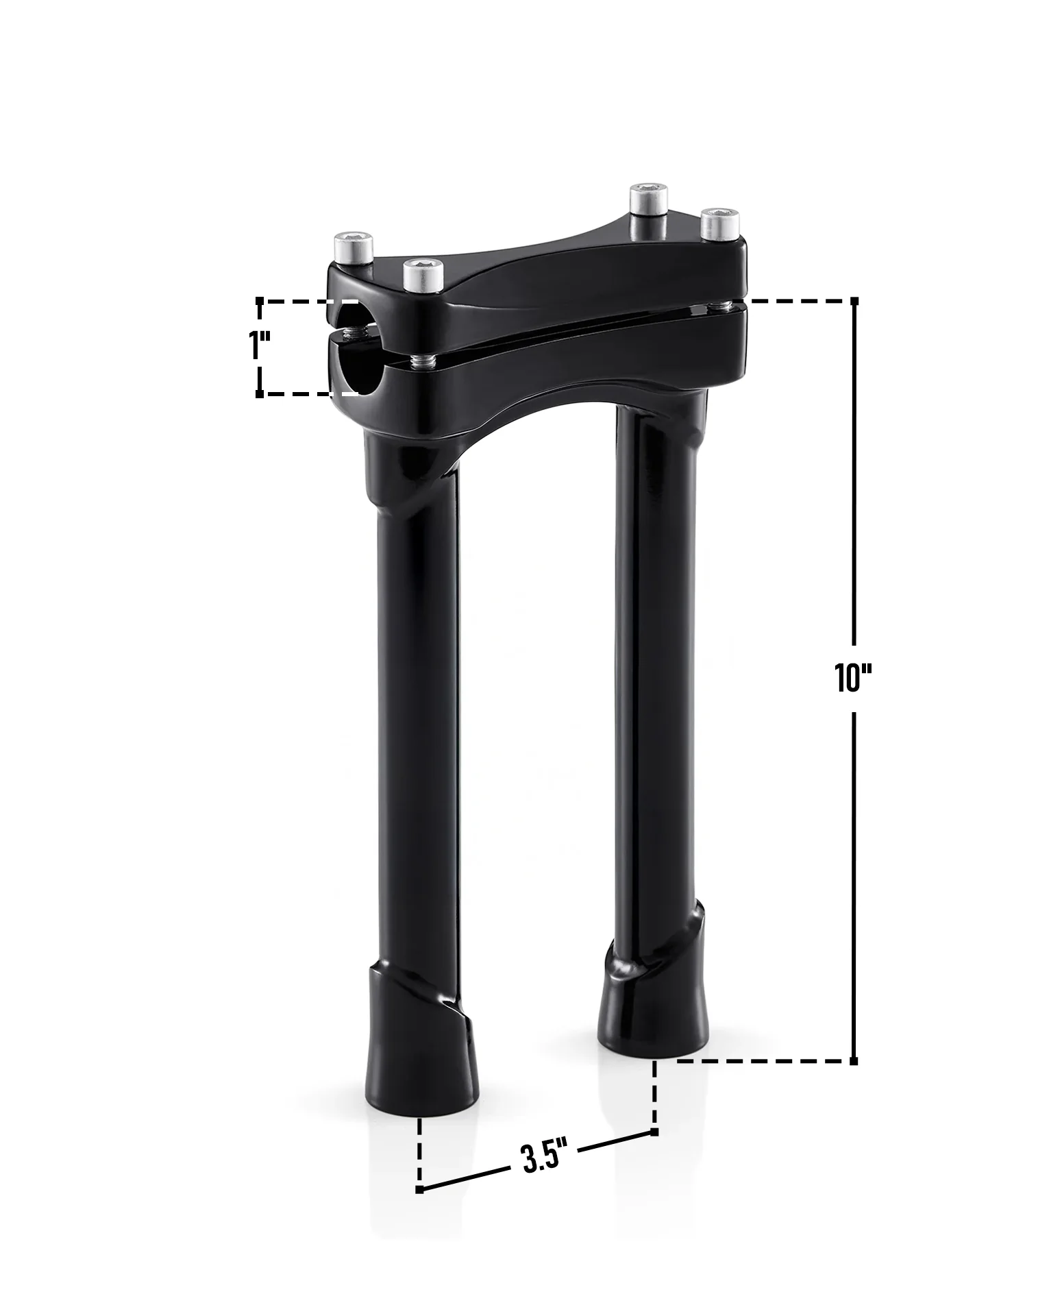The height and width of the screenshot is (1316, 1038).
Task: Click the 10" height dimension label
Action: click(x=852, y=678)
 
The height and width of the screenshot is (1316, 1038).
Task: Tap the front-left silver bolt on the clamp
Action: click(x=421, y=274)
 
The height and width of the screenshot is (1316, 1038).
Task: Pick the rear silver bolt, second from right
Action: click(x=649, y=199)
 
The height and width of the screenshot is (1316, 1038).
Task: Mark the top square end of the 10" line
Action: click(x=854, y=301)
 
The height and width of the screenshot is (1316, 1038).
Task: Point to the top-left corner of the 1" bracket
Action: click(x=260, y=301)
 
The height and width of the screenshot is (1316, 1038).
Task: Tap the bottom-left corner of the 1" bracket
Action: click(x=260, y=394)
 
